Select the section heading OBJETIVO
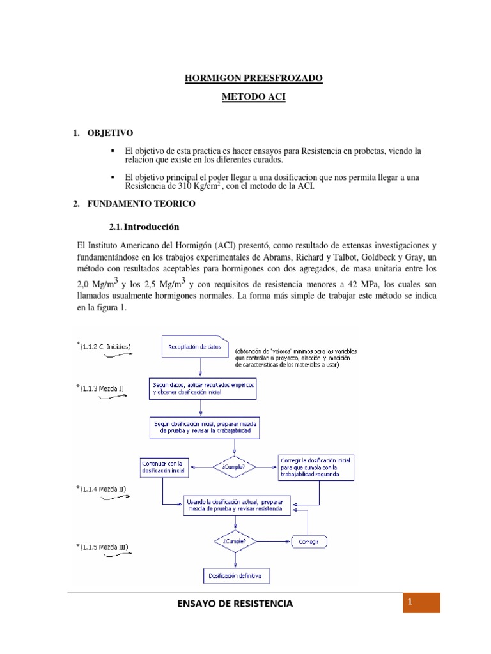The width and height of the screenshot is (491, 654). click(x=110, y=133)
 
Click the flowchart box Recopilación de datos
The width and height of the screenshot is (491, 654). click(x=194, y=347)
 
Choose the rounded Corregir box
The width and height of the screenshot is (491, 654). click(x=311, y=542)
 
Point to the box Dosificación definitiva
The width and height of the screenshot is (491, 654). click(x=235, y=575)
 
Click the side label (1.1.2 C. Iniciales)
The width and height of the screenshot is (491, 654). click(x=105, y=346)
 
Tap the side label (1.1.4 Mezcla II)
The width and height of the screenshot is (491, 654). click(x=105, y=488)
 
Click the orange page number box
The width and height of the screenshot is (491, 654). click(x=421, y=603)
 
